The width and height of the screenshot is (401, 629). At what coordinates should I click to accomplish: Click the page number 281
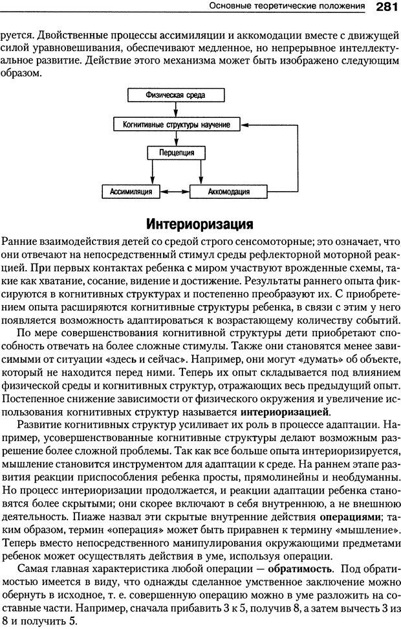[387, 7]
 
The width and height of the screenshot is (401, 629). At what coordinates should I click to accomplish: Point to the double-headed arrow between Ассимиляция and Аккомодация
[175, 192]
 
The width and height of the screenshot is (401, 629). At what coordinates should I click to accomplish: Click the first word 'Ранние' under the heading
[19, 241]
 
